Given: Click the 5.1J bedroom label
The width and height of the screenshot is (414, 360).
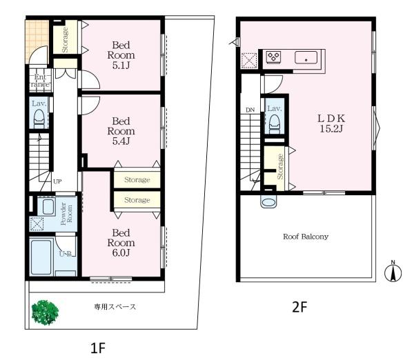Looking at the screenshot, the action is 121,55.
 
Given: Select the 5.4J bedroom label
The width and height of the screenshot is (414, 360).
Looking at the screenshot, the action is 121,131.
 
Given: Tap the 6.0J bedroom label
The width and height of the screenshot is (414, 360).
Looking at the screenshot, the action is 121,243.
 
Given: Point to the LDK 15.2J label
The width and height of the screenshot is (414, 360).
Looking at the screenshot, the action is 331,123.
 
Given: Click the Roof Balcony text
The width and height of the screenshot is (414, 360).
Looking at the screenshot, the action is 306,237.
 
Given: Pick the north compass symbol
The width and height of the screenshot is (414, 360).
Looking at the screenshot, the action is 393,271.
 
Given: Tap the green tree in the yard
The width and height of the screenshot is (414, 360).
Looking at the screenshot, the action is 45,312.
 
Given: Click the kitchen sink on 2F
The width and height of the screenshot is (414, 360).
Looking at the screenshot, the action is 306,57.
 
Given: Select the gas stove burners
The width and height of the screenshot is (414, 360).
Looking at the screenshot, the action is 273,57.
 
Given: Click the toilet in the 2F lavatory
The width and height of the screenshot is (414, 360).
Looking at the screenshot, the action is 275,125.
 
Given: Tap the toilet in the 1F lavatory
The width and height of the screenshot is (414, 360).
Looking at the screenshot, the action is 39,119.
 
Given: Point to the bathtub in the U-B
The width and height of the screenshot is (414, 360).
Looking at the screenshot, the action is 41,257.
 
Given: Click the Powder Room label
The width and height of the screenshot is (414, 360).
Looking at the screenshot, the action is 66,214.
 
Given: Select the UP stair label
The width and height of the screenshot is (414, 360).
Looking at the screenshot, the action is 57,181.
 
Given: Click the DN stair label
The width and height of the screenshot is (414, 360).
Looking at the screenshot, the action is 250,110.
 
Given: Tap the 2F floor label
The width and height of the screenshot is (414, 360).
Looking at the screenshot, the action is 299,307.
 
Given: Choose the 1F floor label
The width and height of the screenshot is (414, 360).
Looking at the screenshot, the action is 98,348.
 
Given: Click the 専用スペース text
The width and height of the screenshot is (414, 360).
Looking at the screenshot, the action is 115,307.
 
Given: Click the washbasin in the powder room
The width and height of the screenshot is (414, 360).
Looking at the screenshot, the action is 48,207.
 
